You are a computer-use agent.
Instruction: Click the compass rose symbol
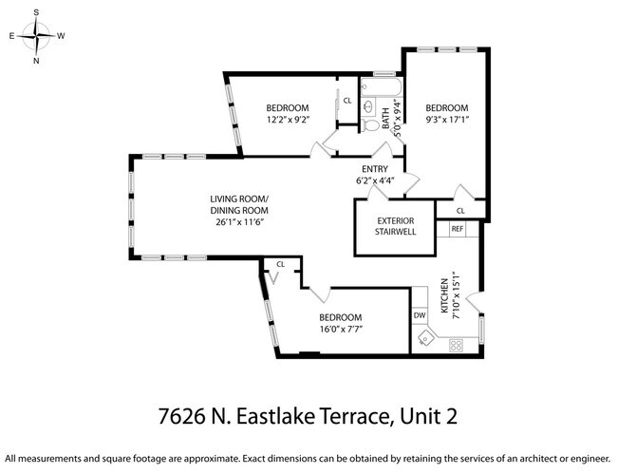36,37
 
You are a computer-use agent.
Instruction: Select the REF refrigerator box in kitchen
457,229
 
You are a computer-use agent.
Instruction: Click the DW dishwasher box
420,314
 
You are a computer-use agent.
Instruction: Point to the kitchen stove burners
456,345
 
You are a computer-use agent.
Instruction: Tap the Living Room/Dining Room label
239,203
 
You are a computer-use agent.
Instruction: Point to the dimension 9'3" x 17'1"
446,120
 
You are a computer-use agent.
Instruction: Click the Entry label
375,169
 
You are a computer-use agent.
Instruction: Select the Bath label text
385,119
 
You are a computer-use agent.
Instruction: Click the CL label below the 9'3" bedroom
460,211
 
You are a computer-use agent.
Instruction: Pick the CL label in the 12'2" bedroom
347,100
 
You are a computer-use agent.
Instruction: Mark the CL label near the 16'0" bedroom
281,264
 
